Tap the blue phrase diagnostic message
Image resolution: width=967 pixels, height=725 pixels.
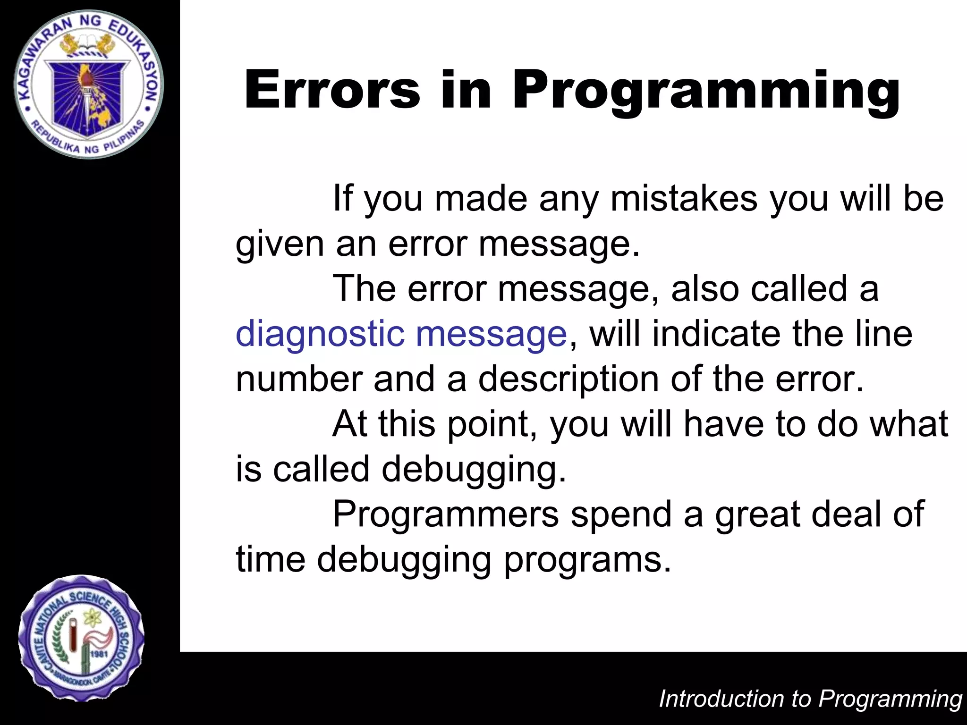pos(401,334)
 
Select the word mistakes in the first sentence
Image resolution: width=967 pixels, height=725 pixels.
pos(684,199)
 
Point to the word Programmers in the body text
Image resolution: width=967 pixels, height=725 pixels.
pos(446,514)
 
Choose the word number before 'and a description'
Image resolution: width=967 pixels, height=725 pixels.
pos(299,379)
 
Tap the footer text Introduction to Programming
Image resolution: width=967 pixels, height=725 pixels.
pos(810,699)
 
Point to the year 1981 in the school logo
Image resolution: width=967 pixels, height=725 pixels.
pos(100,654)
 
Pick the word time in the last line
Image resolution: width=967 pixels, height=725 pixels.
pos(271,559)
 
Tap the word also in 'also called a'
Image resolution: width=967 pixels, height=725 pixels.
pos(705,288)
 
